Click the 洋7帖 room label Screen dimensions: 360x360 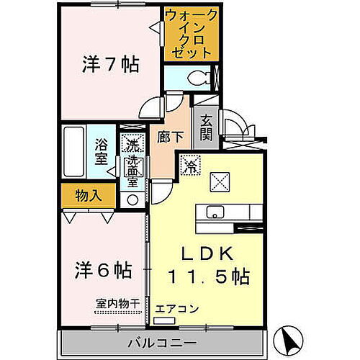[x=110, y=64]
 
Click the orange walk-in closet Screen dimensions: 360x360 [x=188, y=34]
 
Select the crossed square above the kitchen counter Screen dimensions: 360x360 [x=220, y=183]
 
